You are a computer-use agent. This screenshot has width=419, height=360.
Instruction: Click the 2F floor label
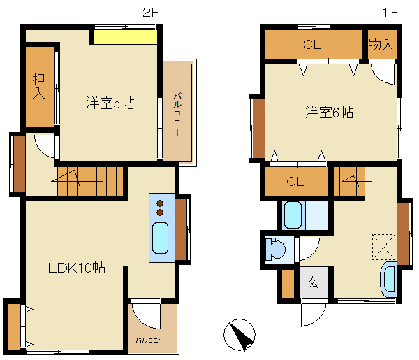pos(151,13)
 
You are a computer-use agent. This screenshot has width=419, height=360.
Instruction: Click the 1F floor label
pos(390,13)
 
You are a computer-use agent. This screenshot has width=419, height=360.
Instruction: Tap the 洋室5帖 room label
pos(110,103)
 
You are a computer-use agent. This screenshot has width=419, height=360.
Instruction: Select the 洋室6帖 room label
pos(329,112)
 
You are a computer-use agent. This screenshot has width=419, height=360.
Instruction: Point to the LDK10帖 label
pos(77,268)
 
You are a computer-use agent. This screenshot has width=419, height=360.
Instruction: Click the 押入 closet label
pos(38,86)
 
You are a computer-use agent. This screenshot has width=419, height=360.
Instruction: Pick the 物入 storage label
pos(381,44)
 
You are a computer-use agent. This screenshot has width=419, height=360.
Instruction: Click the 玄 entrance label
pos(312,282)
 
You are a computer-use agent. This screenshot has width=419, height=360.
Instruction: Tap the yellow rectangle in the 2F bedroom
pos(126,37)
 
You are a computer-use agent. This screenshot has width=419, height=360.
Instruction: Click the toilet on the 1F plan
pos(275,250)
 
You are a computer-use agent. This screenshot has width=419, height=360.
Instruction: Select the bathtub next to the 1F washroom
pos(293,215)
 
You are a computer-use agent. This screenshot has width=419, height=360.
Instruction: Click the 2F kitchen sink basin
pos(160,238)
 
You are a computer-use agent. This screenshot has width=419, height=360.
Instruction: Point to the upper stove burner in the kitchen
pos(160,203)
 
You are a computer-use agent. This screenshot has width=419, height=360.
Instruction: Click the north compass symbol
pos(240,335)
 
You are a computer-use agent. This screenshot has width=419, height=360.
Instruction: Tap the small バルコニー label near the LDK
pos(150,340)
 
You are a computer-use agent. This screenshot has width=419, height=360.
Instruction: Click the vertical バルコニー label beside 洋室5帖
pos(177,115)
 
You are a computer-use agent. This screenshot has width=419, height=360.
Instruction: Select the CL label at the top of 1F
pos(312,45)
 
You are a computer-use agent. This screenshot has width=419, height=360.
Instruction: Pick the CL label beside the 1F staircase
pos(295,182)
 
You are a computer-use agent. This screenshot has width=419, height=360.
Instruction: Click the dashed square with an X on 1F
pos(383,247)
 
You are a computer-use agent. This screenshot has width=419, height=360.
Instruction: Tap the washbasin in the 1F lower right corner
pos(389,280)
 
